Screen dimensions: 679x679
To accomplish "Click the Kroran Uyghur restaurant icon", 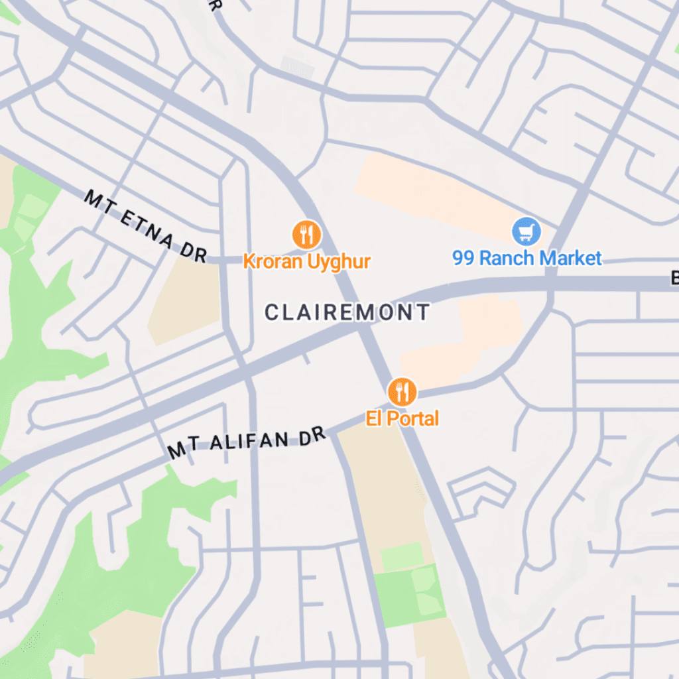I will pyautogui.click(x=306, y=235).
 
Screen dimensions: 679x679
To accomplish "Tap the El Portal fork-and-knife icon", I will pyautogui.click(x=402, y=393).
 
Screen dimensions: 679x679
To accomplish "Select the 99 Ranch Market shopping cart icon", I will pyautogui.click(x=526, y=232).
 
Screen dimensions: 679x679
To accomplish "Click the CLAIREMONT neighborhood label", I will pyautogui.click(x=347, y=312).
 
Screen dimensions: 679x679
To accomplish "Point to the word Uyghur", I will pyautogui.click(x=339, y=261).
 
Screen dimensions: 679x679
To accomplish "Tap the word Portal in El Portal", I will pyautogui.click(x=412, y=419).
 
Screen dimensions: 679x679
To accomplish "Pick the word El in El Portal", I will pyautogui.click(x=373, y=419).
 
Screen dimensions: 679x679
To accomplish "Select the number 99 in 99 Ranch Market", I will pyautogui.click(x=463, y=258).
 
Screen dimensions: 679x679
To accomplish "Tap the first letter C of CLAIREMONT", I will pyautogui.click(x=271, y=312).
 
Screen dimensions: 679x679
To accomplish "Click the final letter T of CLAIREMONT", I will pyautogui.click(x=424, y=312).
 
